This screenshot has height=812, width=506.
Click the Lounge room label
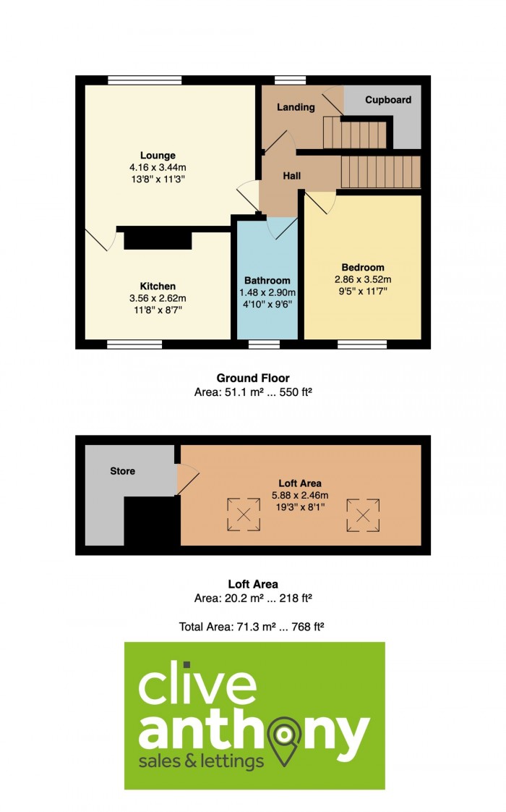(x=158, y=156)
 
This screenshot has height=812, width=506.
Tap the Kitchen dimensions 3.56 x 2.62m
(x=158, y=298)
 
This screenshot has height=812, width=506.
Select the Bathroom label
(x=267, y=281)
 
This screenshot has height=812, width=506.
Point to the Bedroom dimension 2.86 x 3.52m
(x=363, y=279)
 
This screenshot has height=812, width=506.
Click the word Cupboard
(x=388, y=100)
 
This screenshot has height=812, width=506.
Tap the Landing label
(x=296, y=107)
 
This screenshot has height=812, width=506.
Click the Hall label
(x=292, y=176)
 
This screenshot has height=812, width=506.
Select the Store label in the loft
(x=123, y=471)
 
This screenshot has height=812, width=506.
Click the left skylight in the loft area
(x=244, y=515)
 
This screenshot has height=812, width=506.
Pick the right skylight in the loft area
(x=363, y=515)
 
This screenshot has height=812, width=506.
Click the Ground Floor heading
(x=253, y=378)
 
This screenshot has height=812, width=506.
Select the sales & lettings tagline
(x=201, y=761)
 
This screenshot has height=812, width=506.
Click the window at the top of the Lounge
(x=145, y=80)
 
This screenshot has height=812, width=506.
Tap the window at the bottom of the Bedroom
(x=362, y=344)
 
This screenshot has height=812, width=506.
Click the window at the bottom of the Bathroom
(x=264, y=344)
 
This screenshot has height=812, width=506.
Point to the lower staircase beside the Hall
(x=381, y=172)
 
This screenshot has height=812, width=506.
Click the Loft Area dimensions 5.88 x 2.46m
(x=300, y=496)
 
